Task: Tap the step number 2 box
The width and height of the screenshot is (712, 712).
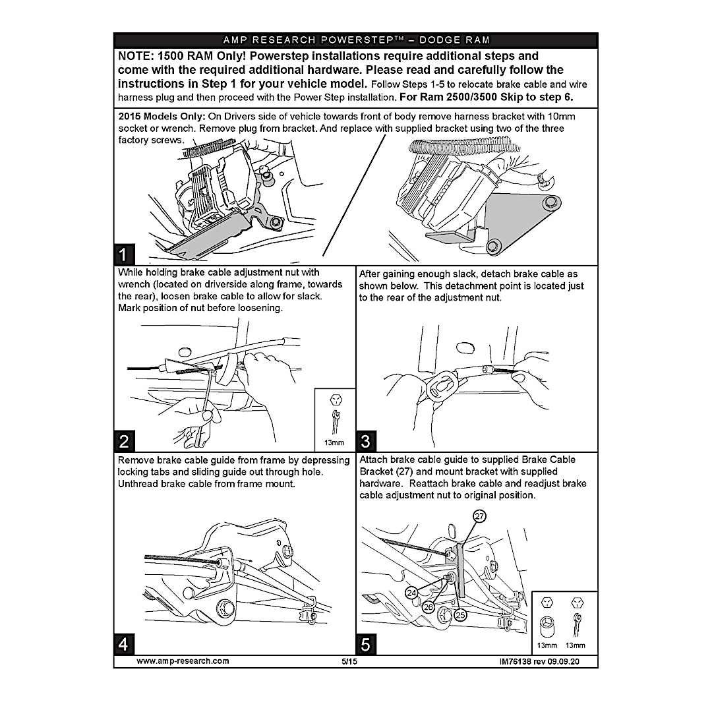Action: pyautogui.click(x=126, y=440)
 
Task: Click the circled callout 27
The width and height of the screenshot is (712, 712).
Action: pyautogui.click(x=480, y=517)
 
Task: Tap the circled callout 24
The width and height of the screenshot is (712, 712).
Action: pyautogui.click(x=412, y=593)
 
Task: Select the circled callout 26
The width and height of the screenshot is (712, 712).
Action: pyautogui.click(x=428, y=607)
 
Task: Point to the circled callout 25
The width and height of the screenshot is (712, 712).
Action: pyautogui.click(x=460, y=614)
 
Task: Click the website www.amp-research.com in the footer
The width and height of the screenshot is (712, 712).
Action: pyautogui.click(x=183, y=661)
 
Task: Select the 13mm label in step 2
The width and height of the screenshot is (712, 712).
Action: pyautogui.click(x=334, y=442)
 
